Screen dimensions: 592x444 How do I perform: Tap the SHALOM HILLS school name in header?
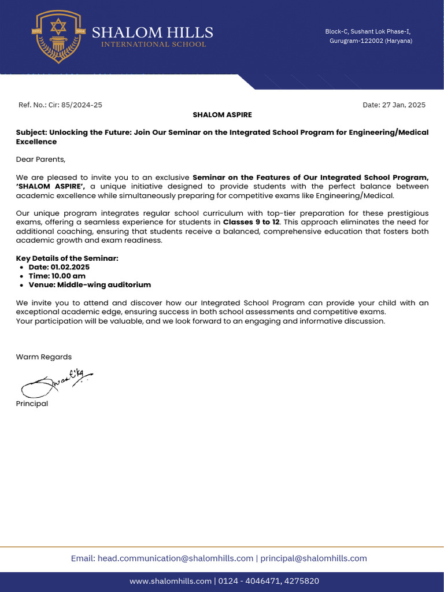point(153,32)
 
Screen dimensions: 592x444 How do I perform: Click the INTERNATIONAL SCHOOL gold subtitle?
point(153,45)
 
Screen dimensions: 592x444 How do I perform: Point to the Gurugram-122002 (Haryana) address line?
point(371,41)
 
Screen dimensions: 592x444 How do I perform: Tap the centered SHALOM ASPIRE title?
point(222,115)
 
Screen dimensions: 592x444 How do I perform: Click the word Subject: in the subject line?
point(31,132)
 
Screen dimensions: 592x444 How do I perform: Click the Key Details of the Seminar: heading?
point(67,258)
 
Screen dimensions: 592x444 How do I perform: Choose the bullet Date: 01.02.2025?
point(59,267)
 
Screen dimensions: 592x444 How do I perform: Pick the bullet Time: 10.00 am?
point(57,276)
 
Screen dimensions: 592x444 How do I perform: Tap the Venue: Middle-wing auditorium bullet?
point(90,284)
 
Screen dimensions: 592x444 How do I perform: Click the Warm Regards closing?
point(44,357)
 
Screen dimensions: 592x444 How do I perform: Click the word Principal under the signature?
point(32,404)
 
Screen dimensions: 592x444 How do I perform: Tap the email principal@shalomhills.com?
point(313,558)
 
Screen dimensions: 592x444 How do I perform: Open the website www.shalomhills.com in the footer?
point(171,581)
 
